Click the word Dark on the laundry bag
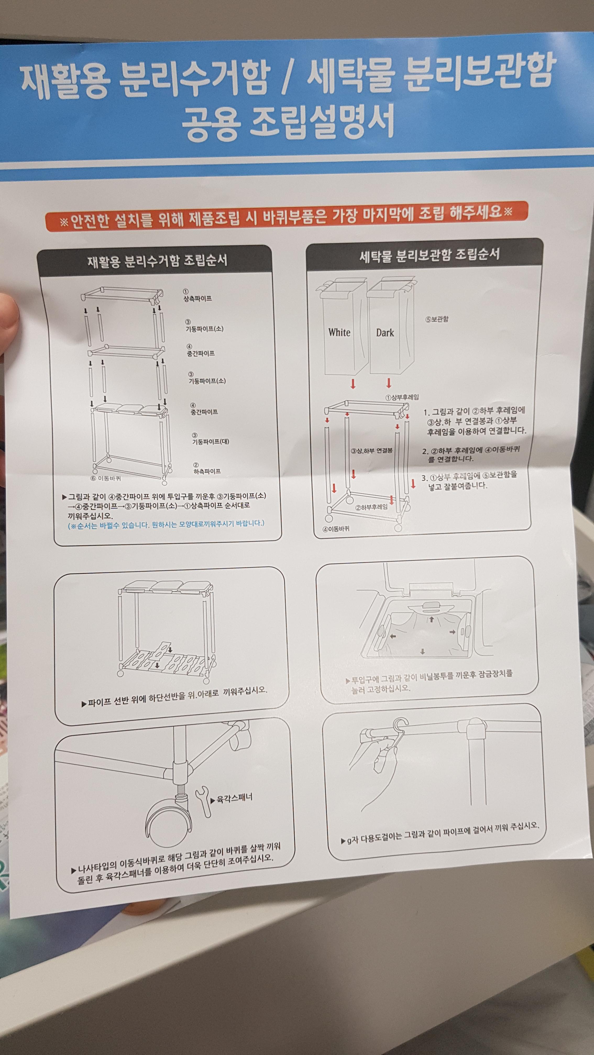coord(385,333)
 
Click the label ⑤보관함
coord(437,319)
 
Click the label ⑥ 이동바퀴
coord(106,478)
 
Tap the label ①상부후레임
coord(402,397)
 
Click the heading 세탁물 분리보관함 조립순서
coord(430,255)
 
